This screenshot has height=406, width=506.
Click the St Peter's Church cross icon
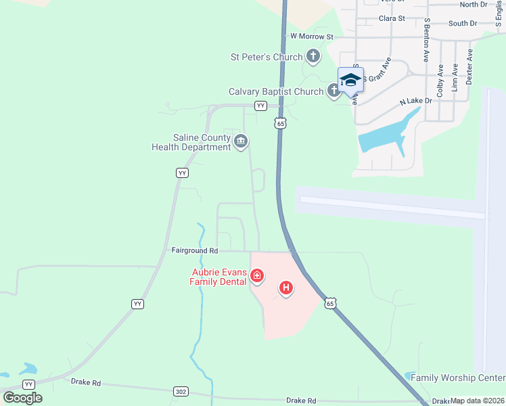pyautogui.click(x=313, y=56)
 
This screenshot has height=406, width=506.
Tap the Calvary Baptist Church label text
pyautogui.click(x=276, y=91)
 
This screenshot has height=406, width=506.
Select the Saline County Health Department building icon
pyautogui.click(x=241, y=141)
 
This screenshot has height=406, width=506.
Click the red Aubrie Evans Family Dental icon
pyautogui.click(x=256, y=275)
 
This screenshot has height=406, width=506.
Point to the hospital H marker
pyautogui.click(x=286, y=289)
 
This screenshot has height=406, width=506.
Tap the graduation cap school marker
pyautogui.click(x=350, y=81)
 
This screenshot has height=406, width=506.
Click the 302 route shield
pyautogui.click(x=181, y=391)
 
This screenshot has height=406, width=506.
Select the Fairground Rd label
pyautogui.click(x=194, y=250)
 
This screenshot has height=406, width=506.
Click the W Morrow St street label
pyautogui.click(x=312, y=36)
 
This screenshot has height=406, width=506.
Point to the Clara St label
pyautogui.click(x=392, y=18)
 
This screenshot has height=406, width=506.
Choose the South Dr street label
pyautogui.click(x=463, y=23)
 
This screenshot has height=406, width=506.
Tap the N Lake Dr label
pyautogui.click(x=415, y=101)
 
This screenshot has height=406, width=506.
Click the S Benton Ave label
pyautogui.click(x=427, y=40)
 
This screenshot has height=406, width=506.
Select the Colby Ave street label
pyautogui.click(x=440, y=80)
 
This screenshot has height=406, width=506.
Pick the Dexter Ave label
pyautogui.click(x=470, y=66)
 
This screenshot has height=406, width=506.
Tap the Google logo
pyautogui.click(x=23, y=397)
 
